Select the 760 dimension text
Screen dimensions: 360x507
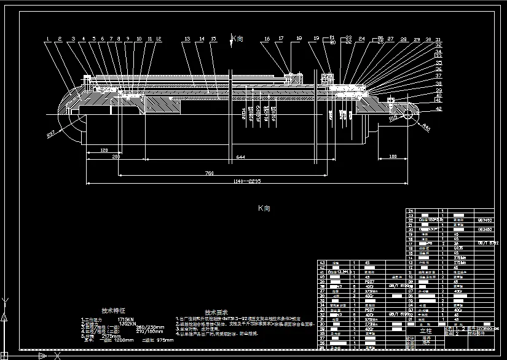(x=210, y=173)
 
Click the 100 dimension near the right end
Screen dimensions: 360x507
(x=393, y=157)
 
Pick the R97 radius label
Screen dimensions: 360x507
(x=52, y=133)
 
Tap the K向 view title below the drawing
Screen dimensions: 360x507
(x=264, y=208)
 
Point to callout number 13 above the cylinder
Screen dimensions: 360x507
(x=186, y=39)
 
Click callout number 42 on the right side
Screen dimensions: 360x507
(x=438, y=108)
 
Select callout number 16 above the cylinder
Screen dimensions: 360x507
(x=267, y=39)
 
